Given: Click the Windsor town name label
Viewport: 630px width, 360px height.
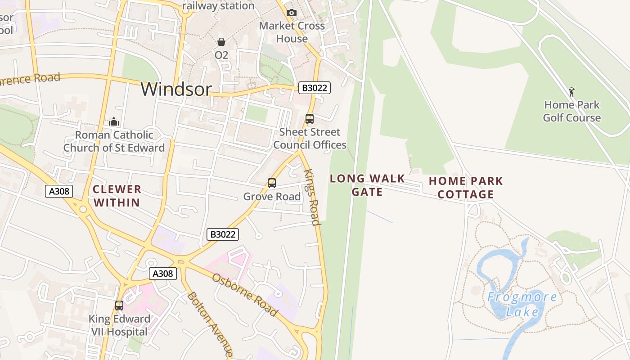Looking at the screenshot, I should click(x=176, y=89).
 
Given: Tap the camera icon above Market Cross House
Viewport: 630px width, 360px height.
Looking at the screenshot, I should click(x=292, y=13).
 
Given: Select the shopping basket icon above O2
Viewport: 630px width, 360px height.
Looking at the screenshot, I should click(x=221, y=42).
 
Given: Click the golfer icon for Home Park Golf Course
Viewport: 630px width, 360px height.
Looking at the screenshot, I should click(x=571, y=92).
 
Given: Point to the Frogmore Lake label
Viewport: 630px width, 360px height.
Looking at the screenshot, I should click(x=522, y=304).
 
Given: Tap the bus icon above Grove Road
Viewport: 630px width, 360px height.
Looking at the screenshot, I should click(x=272, y=183).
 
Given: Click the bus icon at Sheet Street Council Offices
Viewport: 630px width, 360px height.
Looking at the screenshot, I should click(x=310, y=119).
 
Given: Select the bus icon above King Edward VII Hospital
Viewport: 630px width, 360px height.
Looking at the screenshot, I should click(x=119, y=306).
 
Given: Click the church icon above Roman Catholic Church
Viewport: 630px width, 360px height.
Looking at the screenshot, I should click(x=114, y=121).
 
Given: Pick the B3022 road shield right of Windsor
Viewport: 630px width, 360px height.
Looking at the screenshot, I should click(x=315, y=88).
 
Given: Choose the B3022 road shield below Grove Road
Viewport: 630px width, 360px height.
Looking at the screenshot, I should click(x=222, y=234).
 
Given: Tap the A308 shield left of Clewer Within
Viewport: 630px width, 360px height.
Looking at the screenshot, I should click(x=59, y=191).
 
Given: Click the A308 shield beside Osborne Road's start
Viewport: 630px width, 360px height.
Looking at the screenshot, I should click(x=163, y=274).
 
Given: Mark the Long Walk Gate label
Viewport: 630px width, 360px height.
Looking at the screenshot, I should click(x=367, y=185).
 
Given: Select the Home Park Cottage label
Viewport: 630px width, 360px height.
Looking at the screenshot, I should click(x=466, y=188).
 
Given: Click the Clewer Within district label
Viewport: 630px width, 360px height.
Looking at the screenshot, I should click(x=117, y=196).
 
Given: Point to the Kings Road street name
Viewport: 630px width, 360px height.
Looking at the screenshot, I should click(x=312, y=197).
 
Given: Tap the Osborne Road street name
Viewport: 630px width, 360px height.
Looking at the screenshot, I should click(x=245, y=295).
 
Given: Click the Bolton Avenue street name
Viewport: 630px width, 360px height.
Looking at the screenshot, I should click(x=210, y=324).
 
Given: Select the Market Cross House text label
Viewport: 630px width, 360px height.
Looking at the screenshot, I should click(x=292, y=32).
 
